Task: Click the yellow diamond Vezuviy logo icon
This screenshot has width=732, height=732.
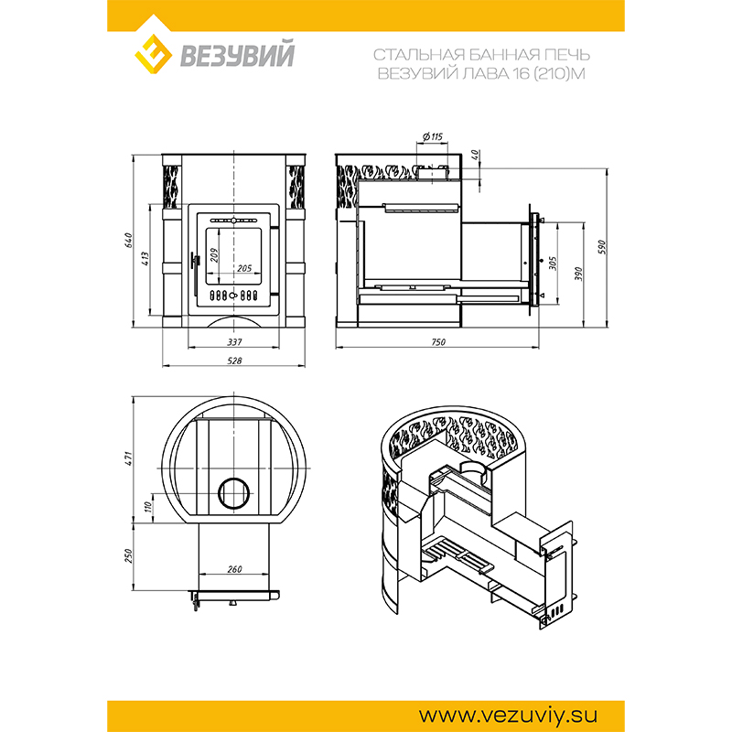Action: [153, 54]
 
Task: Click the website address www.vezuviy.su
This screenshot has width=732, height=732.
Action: [508, 716]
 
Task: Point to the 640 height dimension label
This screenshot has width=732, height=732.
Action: [129, 241]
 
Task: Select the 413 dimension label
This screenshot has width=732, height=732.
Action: [145, 259]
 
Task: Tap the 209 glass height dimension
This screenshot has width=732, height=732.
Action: [214, 255]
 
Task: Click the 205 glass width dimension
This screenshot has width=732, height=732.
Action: [244, 268]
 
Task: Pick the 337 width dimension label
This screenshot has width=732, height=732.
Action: [234, 342]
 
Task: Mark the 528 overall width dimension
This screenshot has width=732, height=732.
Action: [234, 361]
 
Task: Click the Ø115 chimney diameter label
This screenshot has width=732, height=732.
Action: [433, 136]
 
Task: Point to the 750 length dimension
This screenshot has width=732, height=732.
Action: [438, 342]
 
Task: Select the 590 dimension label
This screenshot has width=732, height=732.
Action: [602, 247]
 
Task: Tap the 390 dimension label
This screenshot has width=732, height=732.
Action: [578, 274]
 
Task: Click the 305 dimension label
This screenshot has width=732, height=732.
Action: [553, 264]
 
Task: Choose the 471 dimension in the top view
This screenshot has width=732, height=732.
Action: [129, 457]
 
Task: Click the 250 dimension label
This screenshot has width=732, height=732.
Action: [129, 555]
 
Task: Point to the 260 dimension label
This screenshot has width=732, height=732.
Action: [234, 569]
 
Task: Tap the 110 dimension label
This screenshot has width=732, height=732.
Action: [148, 507]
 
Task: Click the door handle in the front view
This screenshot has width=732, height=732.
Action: [195, 270]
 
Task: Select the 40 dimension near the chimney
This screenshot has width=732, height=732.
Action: [475, 154]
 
